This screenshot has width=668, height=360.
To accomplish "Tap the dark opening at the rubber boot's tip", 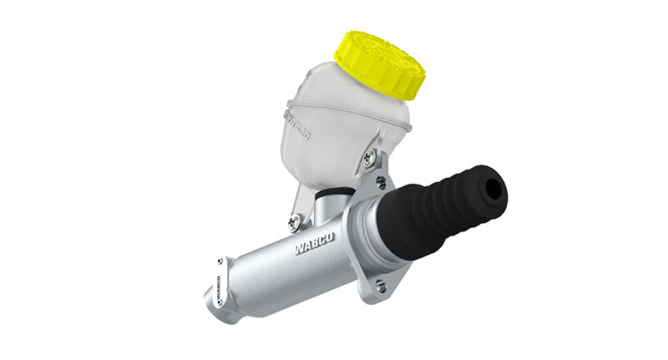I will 494,190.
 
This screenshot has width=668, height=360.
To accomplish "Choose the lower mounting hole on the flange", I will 380,285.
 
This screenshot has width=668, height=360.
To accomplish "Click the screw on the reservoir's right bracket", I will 369,155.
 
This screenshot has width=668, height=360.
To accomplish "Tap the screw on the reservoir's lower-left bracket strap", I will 293,221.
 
